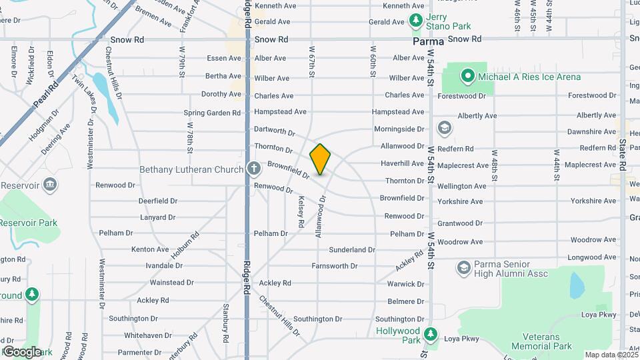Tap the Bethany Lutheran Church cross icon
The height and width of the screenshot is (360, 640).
pos(253,169)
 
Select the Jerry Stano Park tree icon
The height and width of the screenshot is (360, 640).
pos(417,21)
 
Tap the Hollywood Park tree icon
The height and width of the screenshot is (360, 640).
pos(431,333)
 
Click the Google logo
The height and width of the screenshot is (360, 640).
pos(21,351)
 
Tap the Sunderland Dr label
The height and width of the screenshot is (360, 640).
pos(352,249)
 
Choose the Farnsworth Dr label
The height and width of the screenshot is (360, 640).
pos(335,266)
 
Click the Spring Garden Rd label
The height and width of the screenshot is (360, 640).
pos(212,113)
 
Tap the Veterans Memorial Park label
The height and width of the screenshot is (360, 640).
pos(541,341)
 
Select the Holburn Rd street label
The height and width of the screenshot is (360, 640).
pos(187,244)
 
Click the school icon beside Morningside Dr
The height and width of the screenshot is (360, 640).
pos(444,127)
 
